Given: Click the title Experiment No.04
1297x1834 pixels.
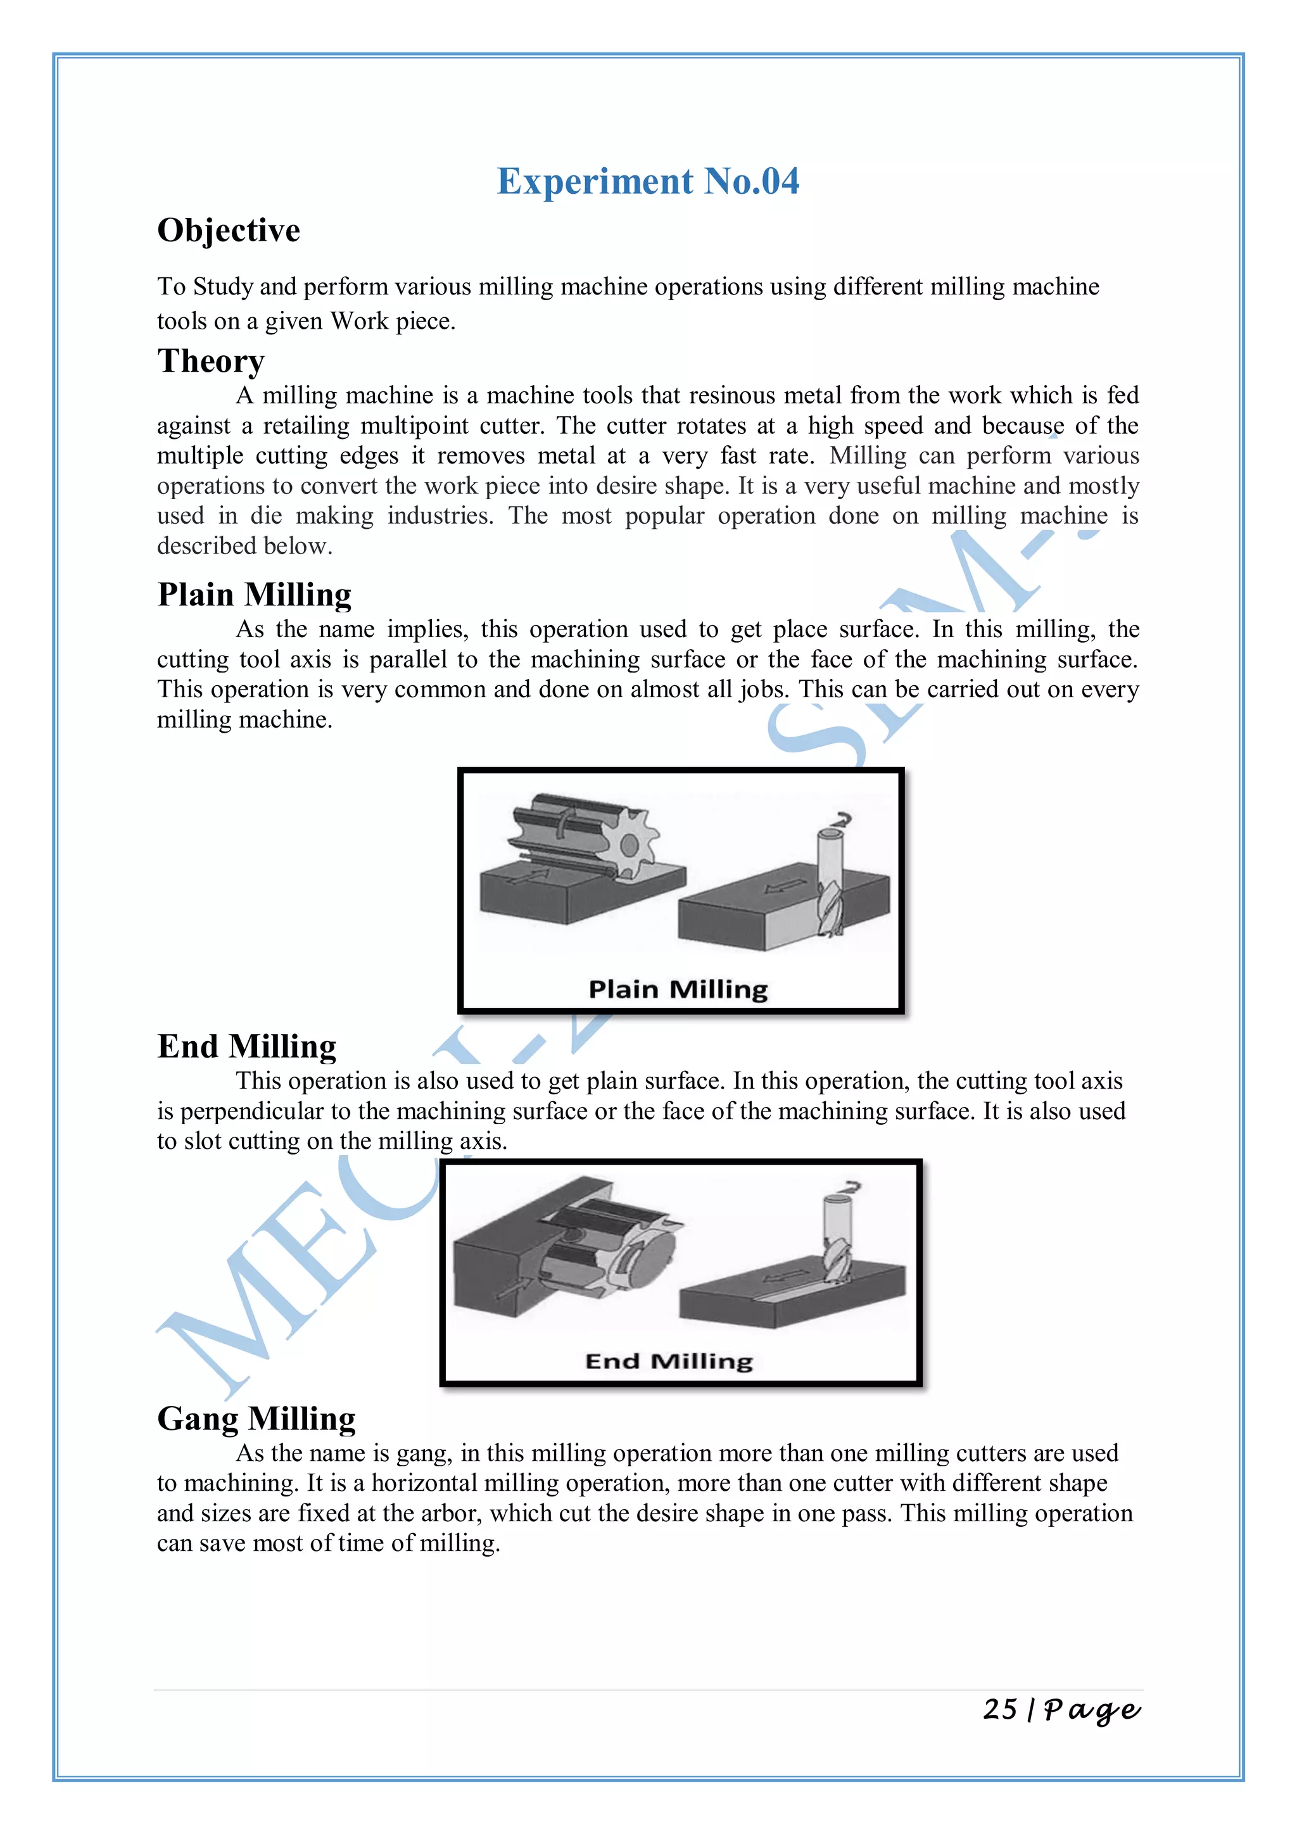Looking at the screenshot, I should point(648,181).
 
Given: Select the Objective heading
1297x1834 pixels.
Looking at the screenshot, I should point(229,231).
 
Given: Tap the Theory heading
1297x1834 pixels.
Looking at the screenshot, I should point(210,361).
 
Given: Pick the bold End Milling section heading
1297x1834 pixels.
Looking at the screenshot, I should point(247,1046).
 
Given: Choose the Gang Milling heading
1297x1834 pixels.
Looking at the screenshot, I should point(256,1419).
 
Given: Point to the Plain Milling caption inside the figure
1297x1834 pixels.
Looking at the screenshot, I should point(678,990).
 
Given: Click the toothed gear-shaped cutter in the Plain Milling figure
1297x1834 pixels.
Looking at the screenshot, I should point(628,844).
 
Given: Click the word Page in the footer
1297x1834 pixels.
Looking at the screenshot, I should point(1092,1709).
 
